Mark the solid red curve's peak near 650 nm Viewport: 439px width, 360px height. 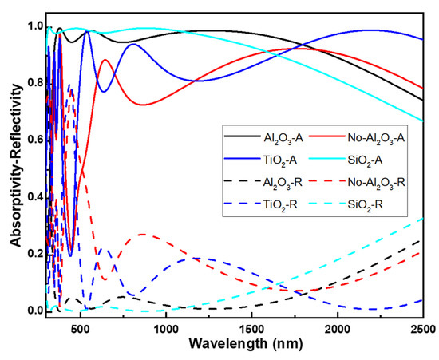106,60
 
